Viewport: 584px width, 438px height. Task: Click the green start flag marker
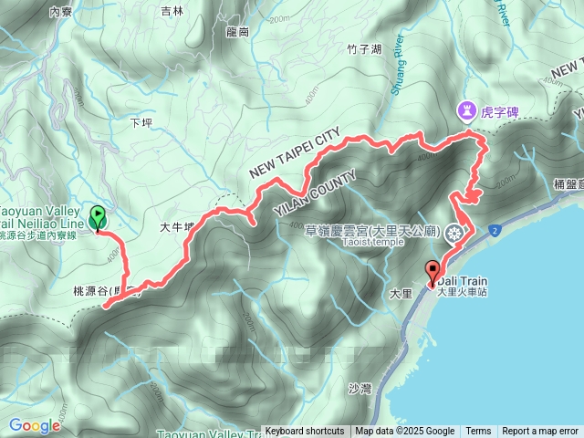(98, 218)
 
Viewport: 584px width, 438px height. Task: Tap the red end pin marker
(433, 272)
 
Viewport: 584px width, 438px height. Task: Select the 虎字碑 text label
(500, 112)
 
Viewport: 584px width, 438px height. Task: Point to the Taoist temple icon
(453, 234)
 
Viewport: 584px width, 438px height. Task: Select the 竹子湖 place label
(364, 49)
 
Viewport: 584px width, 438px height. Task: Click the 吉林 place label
(172, 11)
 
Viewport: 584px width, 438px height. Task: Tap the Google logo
(35, 425)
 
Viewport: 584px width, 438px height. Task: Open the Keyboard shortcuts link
(305, 432)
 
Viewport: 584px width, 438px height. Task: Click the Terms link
(478, 432)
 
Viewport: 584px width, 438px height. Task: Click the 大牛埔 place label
(178, 227)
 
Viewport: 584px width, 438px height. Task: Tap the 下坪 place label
(141, 121)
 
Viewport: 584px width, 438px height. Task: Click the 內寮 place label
(60, 12)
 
